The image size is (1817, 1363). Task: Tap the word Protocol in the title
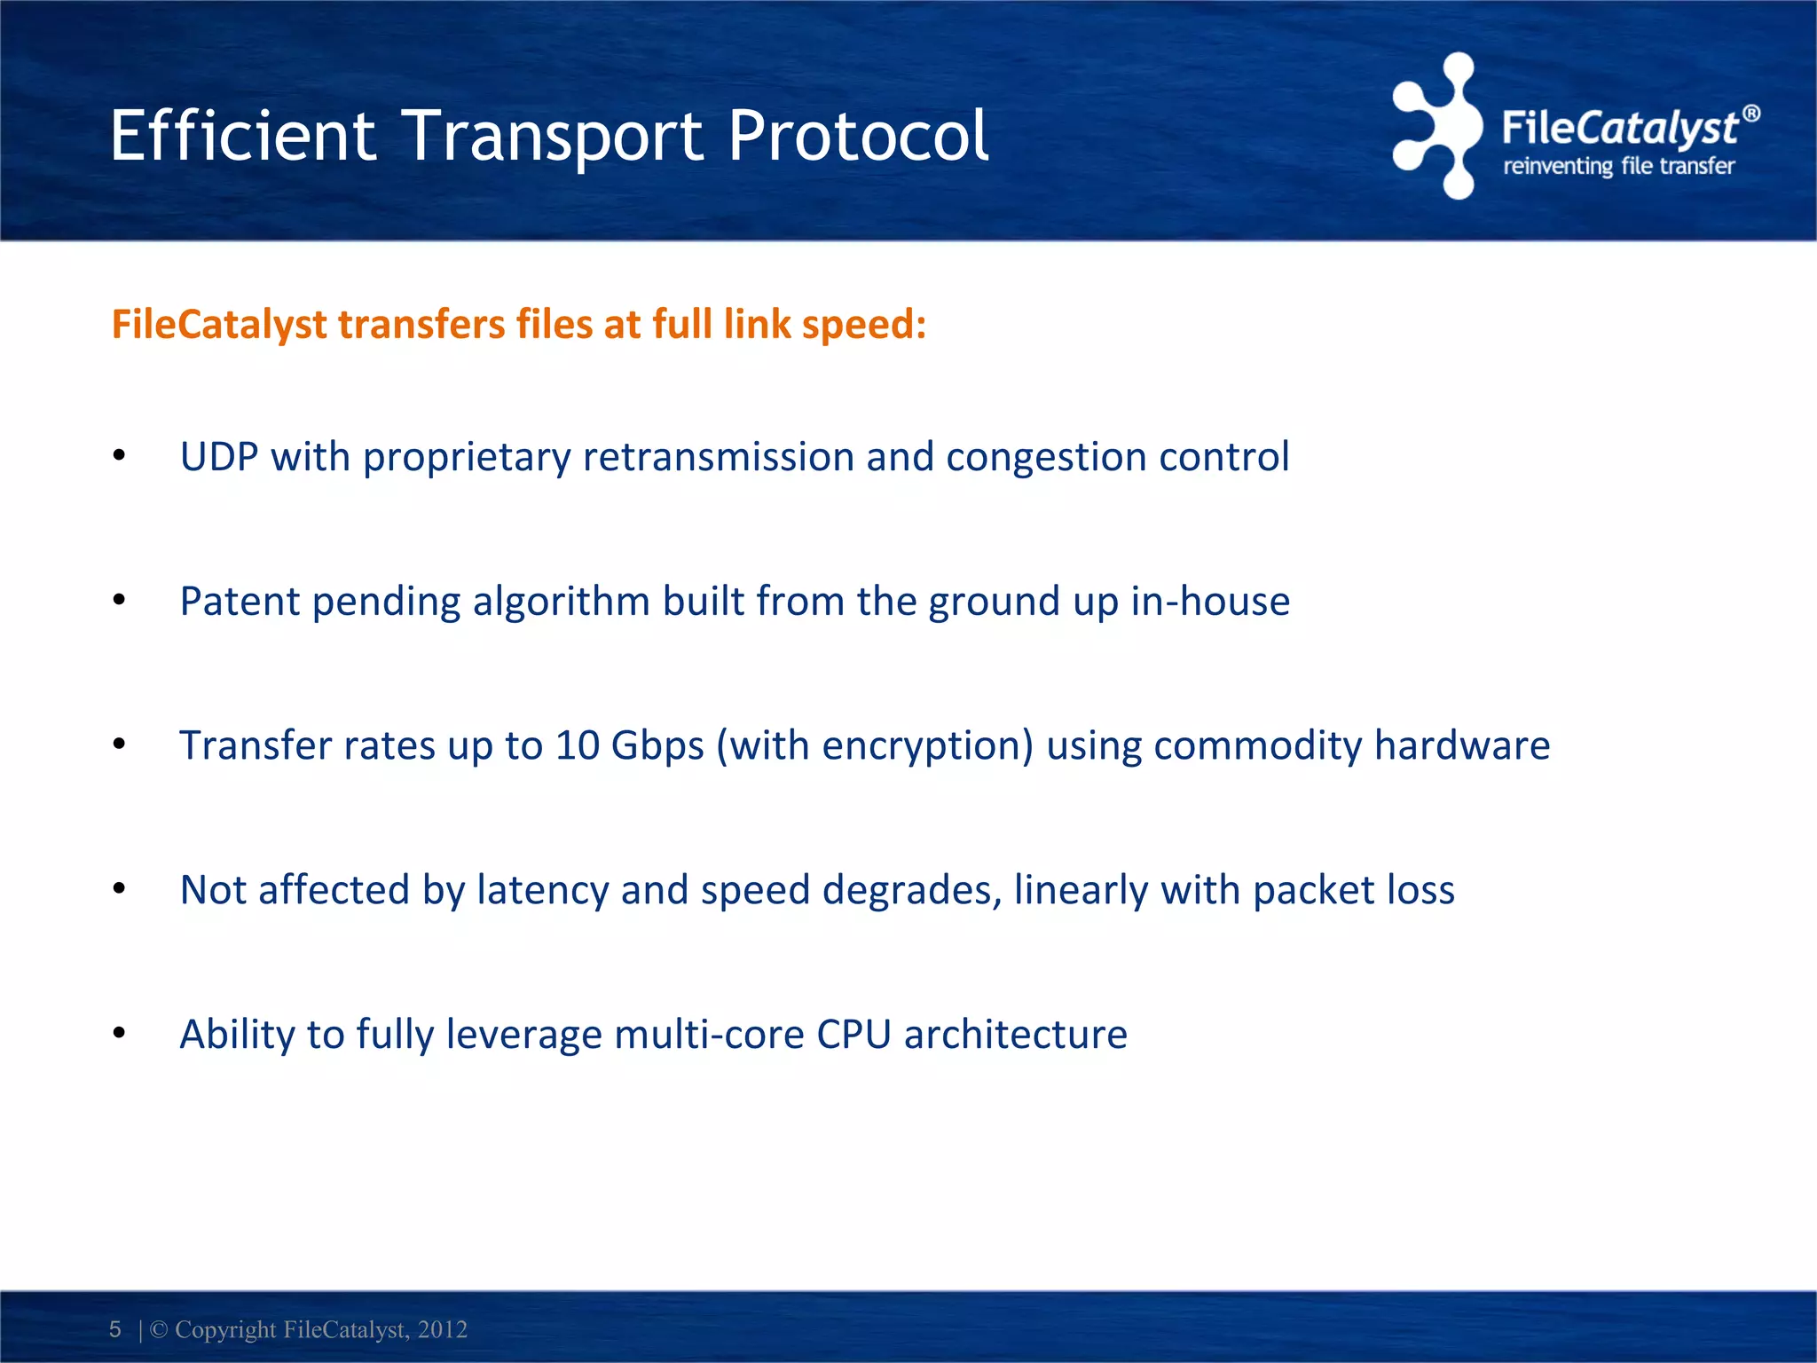(858, 136)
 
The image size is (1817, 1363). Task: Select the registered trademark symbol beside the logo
(1750, 114)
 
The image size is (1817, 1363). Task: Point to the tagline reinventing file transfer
(1618, 166)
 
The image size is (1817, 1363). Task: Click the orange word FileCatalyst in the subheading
(219, 324)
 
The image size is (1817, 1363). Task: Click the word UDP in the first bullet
(218, 457)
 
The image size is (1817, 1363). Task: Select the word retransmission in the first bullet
(718, 457)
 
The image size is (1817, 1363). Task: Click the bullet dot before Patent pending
(119, 601)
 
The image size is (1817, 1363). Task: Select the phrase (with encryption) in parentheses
(875, 745)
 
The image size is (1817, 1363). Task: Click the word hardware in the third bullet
(1461, 745)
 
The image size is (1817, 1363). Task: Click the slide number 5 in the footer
(115, 1328)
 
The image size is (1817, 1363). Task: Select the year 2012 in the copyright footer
(442, 1329)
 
